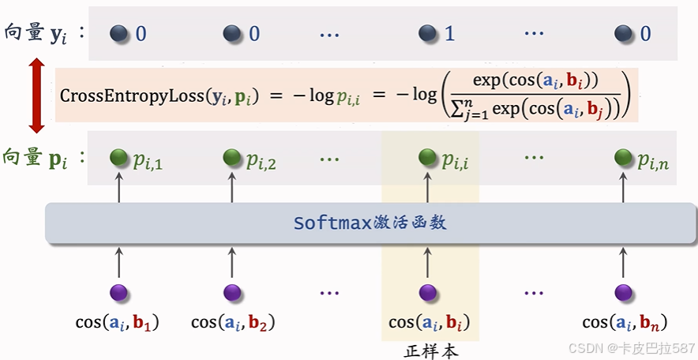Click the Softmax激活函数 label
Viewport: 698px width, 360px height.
pyautogui.click(x=370, y=223)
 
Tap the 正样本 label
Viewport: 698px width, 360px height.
pyautogui.click(x=430, y=350)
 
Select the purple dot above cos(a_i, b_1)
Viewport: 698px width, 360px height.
pyautogui.click(x=119, y=293)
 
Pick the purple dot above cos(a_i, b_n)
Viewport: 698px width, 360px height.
pyautogui.click(x=624, y=293)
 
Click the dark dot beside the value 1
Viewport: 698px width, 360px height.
pyautogui.click(x=428, y=33)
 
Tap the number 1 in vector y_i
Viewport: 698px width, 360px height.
pyautogui.click(x=450, y=34)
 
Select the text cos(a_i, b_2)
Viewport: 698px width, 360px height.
pyautogui.click(x=233, y=322)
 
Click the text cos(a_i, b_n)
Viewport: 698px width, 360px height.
pyautogui.click(x=625, y=322)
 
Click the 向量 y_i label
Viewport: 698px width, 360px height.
pyautogui.click(x=43, y=34)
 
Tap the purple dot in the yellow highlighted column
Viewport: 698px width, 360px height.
pyautogui.click(x=429, y=293)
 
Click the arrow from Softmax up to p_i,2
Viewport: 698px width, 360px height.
pyautogui.click(x=231, y=187)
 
